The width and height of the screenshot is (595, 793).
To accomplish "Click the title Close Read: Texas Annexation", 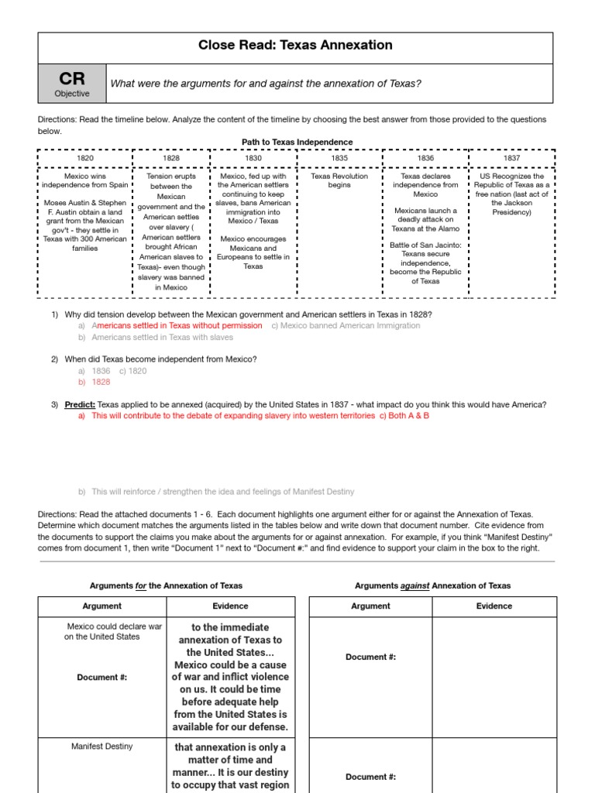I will pos(295,46).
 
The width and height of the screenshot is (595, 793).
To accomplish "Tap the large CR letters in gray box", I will pos(71,78).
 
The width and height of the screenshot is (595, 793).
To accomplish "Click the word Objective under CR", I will pos(71,94).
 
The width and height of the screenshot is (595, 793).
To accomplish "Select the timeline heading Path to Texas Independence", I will pos(297,142).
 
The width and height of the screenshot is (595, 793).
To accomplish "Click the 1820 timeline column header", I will pos(84,158).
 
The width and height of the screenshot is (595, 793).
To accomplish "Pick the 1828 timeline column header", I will pos(170,158).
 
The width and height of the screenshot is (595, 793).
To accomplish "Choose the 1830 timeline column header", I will pos(253,158).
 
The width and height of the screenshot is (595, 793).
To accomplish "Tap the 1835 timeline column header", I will pos(339,158).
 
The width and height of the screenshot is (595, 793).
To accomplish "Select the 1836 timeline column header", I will pos(425,158).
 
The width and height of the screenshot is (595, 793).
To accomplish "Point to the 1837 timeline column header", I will pos(511,158).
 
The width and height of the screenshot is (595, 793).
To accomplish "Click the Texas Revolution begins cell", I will pos(339,180).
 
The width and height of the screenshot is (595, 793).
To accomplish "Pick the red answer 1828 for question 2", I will pos(101,382).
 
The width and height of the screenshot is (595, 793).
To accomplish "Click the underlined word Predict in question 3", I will pos(80,405).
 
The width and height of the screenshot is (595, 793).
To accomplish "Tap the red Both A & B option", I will pos(404,416).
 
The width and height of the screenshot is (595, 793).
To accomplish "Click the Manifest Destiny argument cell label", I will pos(101,747).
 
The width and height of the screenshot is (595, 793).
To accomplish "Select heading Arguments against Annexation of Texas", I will pos(432,585).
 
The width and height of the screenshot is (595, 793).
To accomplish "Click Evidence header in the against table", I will pos(494,606).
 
